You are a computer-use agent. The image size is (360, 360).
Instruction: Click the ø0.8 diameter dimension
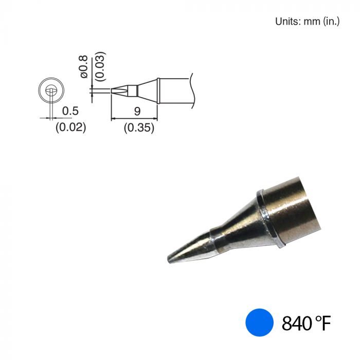84,67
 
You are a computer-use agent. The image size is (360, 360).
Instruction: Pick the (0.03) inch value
100,65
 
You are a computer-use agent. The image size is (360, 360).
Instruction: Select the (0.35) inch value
139,129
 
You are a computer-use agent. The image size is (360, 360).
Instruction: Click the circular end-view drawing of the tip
50,91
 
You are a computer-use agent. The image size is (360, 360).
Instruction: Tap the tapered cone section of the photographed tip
234,226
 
